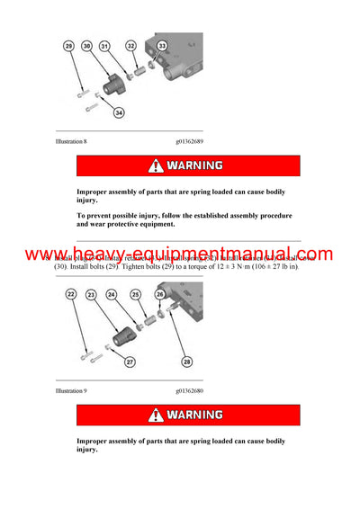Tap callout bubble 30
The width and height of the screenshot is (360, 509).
87,44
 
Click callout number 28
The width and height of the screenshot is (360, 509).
186,362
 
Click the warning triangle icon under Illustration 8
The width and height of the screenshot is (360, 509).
157,165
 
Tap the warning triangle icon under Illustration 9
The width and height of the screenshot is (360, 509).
157,415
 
